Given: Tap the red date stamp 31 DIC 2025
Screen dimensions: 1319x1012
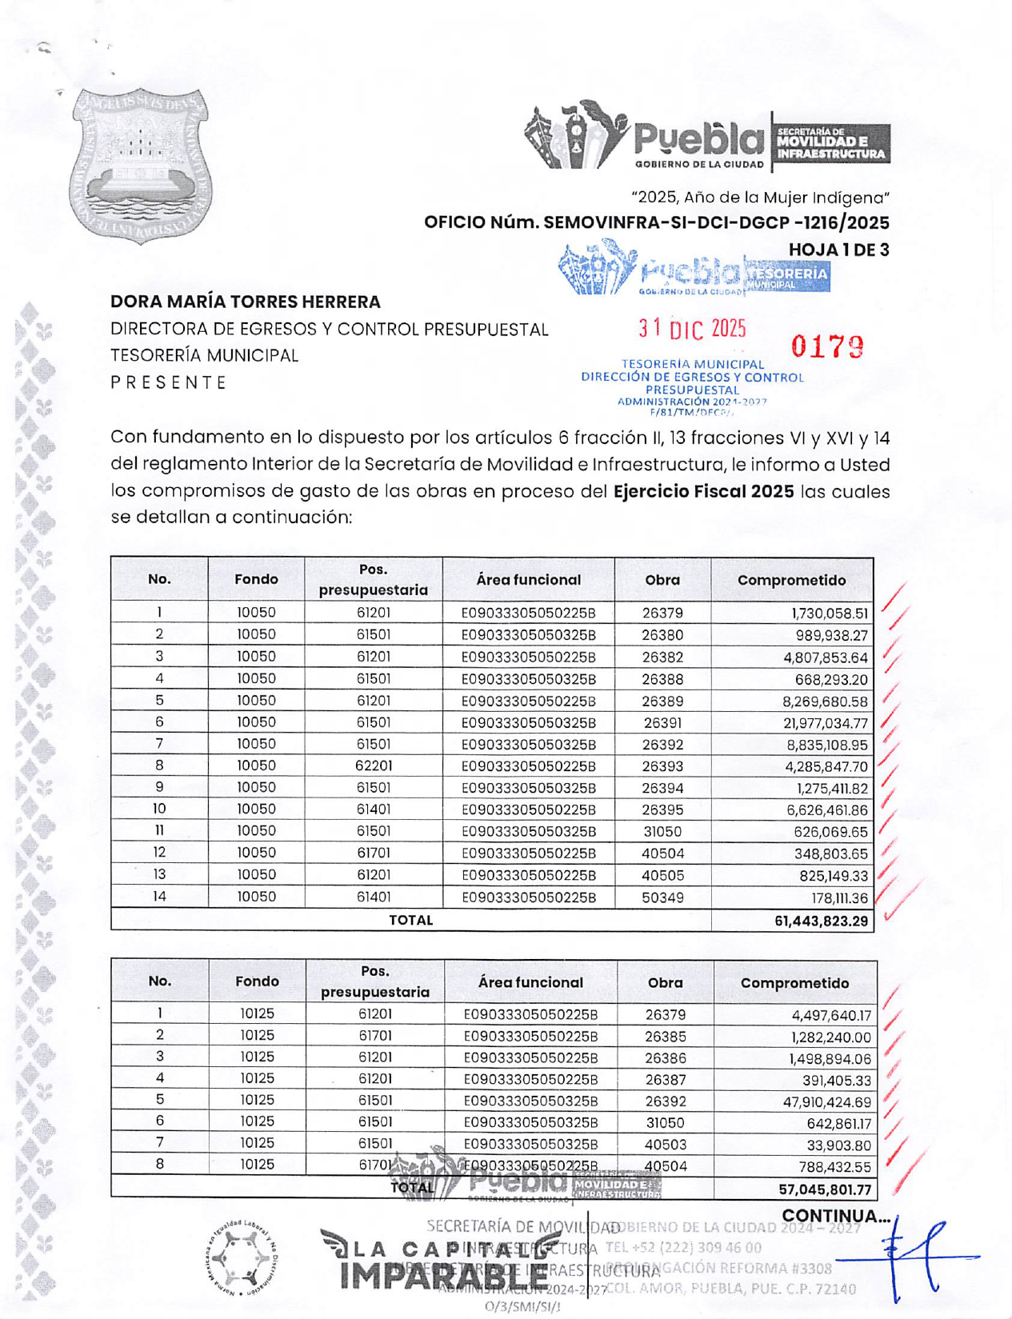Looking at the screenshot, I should [x=692, y=329].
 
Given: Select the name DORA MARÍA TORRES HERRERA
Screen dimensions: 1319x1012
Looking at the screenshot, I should [x=246, y=302].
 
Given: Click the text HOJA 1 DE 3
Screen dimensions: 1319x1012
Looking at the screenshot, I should [x=838, y=250].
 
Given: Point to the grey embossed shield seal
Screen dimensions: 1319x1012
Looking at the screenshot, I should [x=141, y=165].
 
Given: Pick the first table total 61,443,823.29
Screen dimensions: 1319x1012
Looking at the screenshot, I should [x=821, y=921].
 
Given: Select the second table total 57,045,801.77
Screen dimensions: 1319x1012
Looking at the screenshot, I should [x=825, y=1189].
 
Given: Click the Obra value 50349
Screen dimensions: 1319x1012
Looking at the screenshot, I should [x=662, y=897].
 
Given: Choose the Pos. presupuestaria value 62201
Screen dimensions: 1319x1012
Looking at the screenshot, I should [x=374, y=765].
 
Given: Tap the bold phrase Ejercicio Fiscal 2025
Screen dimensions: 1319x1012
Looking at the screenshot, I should [x=703, y=491].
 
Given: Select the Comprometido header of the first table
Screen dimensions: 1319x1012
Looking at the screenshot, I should [x=791, y=580].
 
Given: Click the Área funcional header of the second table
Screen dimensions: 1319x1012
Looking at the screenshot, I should [x=530, y=982].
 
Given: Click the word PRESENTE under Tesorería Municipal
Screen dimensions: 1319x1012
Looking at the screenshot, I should [x=169, y=382].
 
